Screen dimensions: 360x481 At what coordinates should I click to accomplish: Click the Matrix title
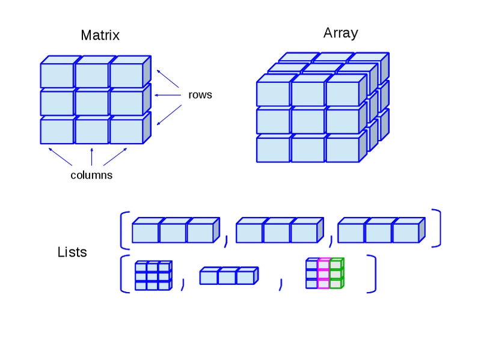coord(100,35)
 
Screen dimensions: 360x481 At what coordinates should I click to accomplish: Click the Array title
coord(340,33)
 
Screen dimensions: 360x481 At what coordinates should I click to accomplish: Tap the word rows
coord(200,95)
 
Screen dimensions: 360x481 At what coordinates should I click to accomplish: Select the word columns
coord(91,175)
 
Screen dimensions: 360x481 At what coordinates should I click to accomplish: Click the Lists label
coord(72,252)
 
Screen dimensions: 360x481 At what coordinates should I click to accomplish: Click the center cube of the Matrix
coord(92,102)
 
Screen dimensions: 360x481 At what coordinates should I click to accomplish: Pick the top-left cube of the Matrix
coord(57,75)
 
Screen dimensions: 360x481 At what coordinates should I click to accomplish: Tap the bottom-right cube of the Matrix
coord(126,131)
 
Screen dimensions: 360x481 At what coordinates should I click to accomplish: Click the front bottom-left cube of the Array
coord(273,149)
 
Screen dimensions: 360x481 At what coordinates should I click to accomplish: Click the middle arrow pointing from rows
coord(168,95)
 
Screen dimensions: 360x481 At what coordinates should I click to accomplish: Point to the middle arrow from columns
coord(91,157)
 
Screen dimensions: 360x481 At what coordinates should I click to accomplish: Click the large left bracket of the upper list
coord(123,229)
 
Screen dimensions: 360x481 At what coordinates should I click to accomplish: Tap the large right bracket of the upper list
coord(438,228)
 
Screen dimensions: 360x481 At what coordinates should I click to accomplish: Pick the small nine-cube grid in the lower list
coord(153,275)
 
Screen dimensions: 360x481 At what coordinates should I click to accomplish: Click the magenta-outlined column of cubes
coord(323,273)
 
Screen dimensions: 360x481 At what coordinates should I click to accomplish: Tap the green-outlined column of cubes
coord(336,273)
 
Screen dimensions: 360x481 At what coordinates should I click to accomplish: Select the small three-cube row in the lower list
coord(227,277)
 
